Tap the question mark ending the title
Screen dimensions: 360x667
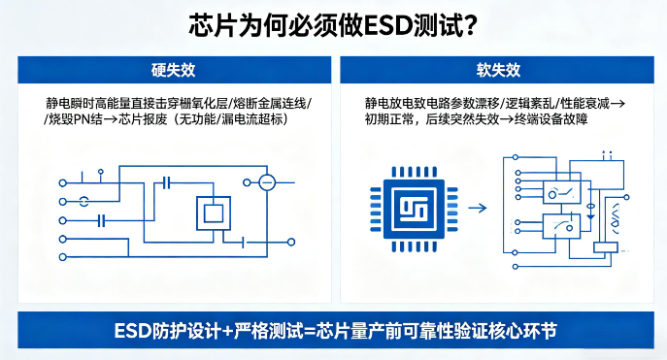pyautogui.click(x=467, y=25)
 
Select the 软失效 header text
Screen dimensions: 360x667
pyautogui.click(x=498, y=71)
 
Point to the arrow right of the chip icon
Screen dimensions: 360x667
pyautogui.click(x=477, y=207)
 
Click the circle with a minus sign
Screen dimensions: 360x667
pyautogui.click(x=266, y=182)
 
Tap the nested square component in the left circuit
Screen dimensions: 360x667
pyautogui.click(x=213, y=213)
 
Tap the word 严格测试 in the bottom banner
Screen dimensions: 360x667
pyautogui.click(x=270, y=331)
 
